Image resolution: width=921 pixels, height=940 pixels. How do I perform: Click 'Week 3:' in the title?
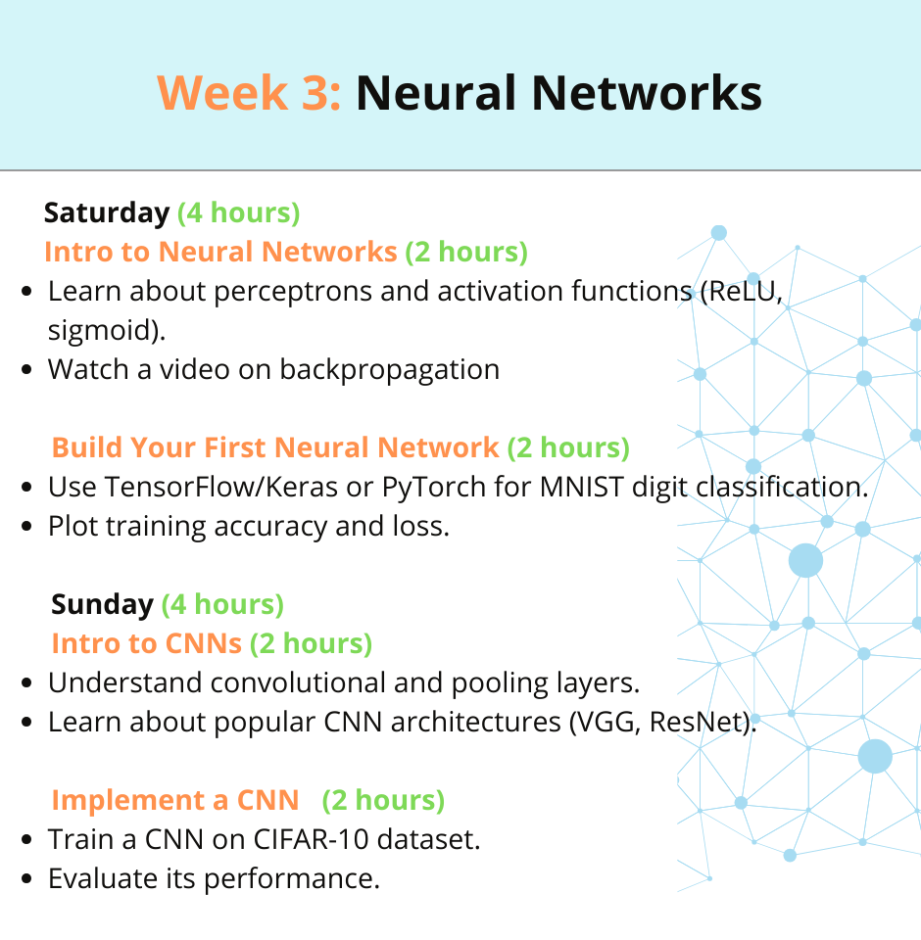[249, 93]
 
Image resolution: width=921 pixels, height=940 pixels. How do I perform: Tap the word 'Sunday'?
[102, 605]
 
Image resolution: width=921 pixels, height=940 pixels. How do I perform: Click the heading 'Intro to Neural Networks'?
[220, 252]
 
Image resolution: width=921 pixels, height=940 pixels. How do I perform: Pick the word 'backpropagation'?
[389, 370]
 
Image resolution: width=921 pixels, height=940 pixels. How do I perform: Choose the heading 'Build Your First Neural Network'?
[275, 447]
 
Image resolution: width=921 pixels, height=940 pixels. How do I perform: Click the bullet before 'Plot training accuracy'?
[26, 527]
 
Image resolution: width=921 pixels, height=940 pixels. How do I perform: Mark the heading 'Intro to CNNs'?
[146, 644]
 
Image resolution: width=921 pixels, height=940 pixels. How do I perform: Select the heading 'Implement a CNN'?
[175, 800]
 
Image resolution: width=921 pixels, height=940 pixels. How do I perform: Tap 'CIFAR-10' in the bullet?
[311, 839]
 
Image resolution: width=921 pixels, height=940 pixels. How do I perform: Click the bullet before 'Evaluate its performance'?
[26, 879]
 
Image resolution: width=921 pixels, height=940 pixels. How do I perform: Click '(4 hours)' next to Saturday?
[239, 213]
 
